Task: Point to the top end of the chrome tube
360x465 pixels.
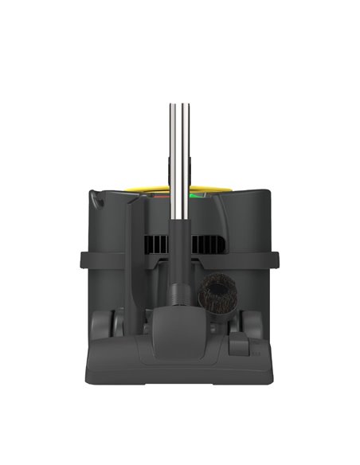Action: (180, 106)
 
